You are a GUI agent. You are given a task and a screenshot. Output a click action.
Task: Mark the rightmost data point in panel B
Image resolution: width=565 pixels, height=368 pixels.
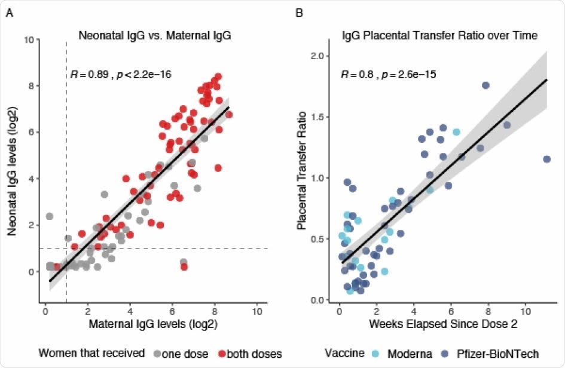[x=546, y=159]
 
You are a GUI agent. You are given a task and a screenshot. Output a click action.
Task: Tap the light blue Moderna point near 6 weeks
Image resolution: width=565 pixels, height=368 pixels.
[x=456, y=132]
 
